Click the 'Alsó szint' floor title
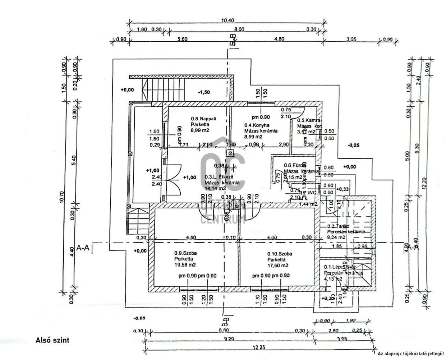[52, 340]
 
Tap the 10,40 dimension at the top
[227, 20]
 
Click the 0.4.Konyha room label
[257, 125]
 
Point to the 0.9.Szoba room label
[185, 253]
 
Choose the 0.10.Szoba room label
[280, 254]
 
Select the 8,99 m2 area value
[200, 131]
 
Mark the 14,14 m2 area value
[215, 188]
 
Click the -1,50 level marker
[204, 92]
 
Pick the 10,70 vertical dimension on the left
[61, 198]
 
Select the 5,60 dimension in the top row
[182, 40]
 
